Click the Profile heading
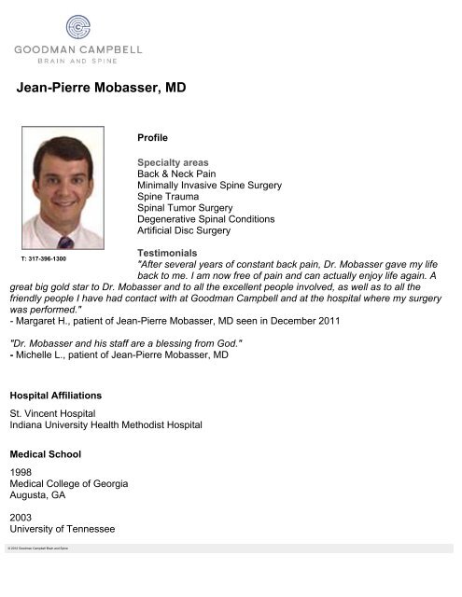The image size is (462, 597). [152, 137]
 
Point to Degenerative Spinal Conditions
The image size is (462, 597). [205, 219]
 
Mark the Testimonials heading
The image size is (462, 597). [167, 253]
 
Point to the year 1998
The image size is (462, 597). [21, 472]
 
